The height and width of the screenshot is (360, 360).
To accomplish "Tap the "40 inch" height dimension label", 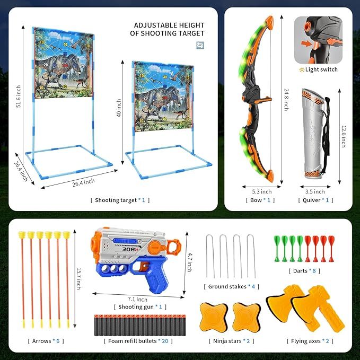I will pos(120,109).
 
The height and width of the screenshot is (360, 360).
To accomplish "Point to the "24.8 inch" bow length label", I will pos(286,99).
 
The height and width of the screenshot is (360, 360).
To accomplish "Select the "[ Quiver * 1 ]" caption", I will pos(316,200).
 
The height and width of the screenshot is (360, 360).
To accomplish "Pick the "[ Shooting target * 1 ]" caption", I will pos(120,200).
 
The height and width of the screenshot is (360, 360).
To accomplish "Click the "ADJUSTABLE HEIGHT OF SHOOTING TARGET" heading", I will pos(169,29).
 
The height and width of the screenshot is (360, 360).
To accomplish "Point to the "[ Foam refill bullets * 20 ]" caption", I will pos(137,341).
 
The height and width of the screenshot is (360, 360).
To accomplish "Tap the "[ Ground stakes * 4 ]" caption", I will pos(232,286).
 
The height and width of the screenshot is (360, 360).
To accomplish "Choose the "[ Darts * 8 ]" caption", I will pos(304,271).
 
